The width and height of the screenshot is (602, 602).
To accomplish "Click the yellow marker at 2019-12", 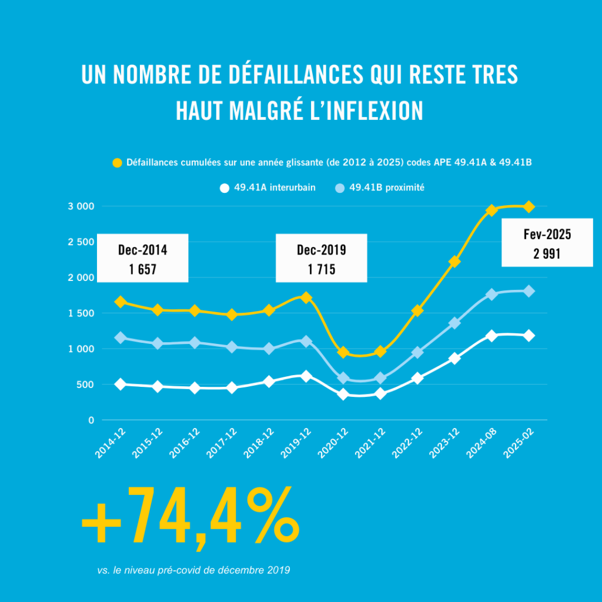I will pos(306,297).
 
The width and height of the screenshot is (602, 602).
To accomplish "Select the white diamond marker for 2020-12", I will pos(343,394).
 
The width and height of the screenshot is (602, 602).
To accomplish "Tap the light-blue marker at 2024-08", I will pos(491,295).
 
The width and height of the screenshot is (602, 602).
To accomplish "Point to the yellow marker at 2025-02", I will pos(529,206).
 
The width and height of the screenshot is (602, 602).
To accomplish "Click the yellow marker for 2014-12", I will pos(121,302).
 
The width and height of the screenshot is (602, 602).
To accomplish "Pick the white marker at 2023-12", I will pos(454,358).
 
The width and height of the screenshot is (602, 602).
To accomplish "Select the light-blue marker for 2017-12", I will pos(232,347).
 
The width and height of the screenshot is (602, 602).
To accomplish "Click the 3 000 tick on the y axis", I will pos(81,206).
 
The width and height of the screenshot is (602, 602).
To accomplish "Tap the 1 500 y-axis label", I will pos(81,313).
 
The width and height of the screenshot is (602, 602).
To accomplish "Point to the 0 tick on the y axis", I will pos(91,420).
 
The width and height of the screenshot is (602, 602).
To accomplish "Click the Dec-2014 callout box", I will pos(142,257).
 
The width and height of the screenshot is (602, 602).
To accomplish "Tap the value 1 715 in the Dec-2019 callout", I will pos(321,267).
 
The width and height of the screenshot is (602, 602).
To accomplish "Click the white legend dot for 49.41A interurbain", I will pos(223,188).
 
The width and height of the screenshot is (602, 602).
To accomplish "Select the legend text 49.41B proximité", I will pos(387,188).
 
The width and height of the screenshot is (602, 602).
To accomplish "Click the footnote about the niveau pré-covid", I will pos(193,570).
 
